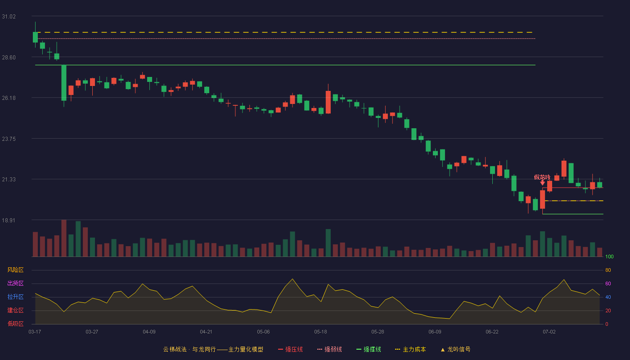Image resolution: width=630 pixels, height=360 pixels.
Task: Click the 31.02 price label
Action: point(9,17)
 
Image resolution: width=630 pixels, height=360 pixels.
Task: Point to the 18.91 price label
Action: point(9,220)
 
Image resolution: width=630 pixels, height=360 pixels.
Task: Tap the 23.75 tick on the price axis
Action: point(9,139)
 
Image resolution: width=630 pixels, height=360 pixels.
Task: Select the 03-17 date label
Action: point(35,332)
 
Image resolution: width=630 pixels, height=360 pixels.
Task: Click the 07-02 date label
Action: point(549,332)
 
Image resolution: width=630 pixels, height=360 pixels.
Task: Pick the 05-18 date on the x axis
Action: point(320,332)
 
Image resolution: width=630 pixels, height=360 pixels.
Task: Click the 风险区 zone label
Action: point(15,270)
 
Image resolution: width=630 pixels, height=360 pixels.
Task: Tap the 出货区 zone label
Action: point(15,283)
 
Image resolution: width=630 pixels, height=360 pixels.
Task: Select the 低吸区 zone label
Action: point(15,324)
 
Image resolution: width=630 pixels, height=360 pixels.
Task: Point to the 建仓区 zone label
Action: point(15,310)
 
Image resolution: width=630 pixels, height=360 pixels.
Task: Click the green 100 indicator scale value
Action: point(609,256)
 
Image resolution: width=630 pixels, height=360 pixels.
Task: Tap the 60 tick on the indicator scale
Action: point(608,283)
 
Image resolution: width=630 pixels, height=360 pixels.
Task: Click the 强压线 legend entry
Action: point(290,349)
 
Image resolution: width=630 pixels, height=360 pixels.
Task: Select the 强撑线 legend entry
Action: point(369,349)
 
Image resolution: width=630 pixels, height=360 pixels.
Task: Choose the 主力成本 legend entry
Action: point(410,349)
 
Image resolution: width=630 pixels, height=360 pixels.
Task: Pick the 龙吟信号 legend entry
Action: point(455,349)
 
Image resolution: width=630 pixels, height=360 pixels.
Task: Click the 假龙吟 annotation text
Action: point(542,177)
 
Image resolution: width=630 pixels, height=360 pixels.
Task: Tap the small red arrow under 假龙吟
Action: point(543,183)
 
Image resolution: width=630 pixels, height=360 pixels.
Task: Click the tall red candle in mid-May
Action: point(328,102)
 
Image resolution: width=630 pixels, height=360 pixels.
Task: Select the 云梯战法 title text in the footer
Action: point(175,349)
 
